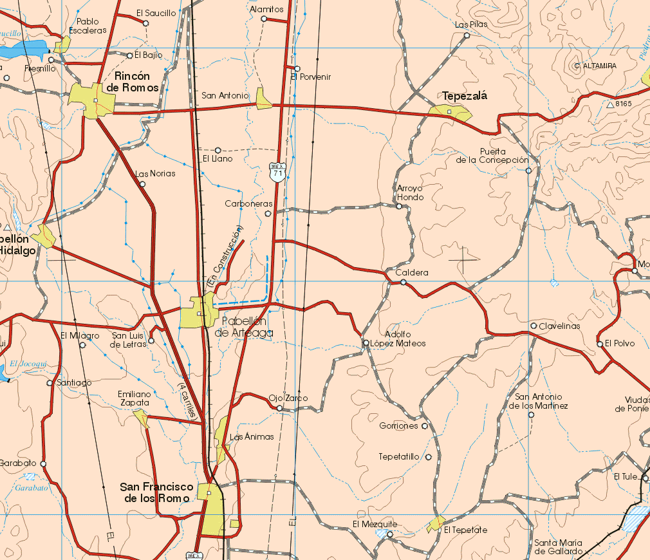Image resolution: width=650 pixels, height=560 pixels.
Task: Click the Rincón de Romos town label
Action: point(133,82)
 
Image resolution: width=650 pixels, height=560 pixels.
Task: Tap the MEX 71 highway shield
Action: point(277,172)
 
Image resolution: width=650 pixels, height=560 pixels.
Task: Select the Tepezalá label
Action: point(465,96)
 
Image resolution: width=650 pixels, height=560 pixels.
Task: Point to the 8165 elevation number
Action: point(624,104)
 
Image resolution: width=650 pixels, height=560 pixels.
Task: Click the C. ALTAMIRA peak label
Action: point(595,66)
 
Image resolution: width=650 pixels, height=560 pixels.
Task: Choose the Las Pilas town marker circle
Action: point(467,35)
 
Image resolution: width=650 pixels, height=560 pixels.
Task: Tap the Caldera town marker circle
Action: point(403,282)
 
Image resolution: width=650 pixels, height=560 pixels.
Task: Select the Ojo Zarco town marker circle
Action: point(279,408)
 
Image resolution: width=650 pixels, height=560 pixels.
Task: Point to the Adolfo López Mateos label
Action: point(404,339)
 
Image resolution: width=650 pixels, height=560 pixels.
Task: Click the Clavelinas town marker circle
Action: point(534,326)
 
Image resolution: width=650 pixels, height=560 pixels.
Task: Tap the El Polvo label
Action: point(620,343)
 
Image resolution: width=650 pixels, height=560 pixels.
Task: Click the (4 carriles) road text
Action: point(188,401)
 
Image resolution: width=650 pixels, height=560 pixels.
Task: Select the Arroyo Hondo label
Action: point(410,192)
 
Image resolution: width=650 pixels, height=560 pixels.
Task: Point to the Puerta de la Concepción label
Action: point(492,156)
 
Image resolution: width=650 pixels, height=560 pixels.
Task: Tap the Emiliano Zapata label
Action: point(134,398)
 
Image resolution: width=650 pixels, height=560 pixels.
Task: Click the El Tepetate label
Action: point(465,530)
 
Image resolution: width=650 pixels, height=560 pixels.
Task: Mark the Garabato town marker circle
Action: point(43,463)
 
